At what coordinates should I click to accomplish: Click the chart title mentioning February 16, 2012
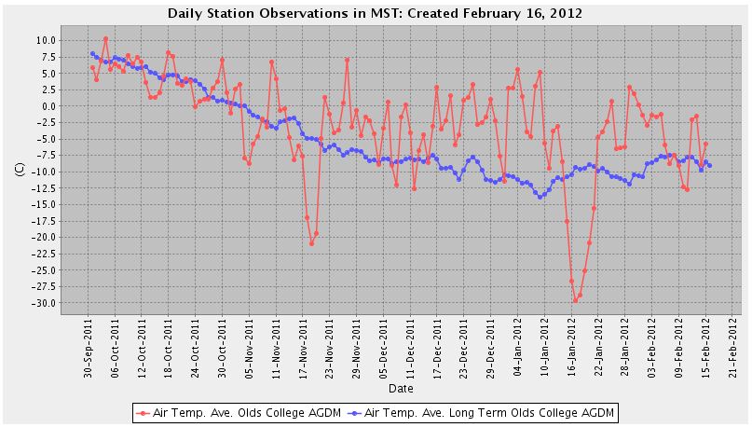tap(375, 14)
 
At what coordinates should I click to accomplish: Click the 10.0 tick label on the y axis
tap(45, 40)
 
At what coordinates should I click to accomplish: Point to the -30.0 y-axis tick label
tap(43, 303)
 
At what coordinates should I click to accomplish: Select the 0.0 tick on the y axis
tap(48, 105)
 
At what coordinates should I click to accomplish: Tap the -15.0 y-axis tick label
tap(43, 204)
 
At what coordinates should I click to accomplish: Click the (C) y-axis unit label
tap(19, 171)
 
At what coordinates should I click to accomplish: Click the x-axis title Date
tap(401, 388)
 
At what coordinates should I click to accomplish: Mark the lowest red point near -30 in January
tap(576, 300)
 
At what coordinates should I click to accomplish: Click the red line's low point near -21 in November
tap(312, 243)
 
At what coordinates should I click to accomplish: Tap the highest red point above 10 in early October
tap(106, 38)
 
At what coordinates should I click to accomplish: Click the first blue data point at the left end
tap(92, 53)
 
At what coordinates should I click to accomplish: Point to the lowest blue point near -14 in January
tap(540, 197)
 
